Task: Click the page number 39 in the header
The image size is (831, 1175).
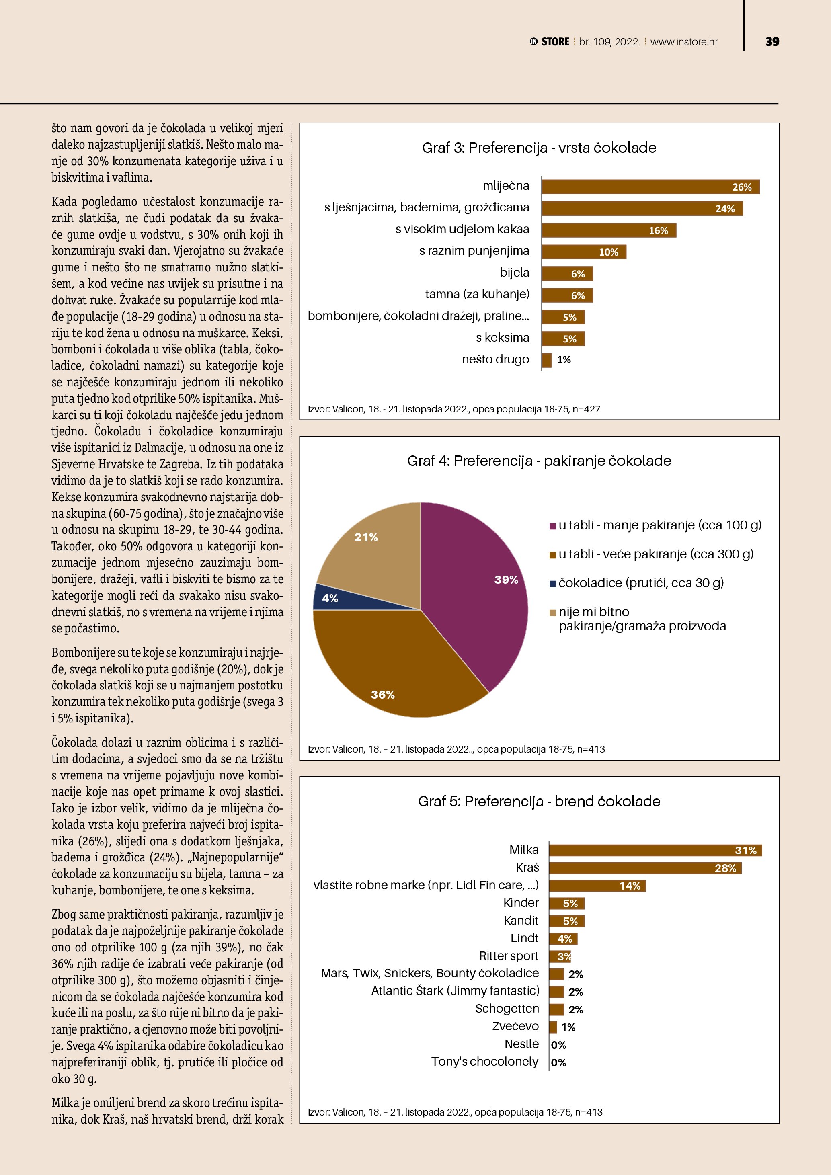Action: coord(772,41)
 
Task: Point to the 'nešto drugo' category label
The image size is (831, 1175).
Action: coord(495,359)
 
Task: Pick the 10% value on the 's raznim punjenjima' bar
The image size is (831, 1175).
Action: coord(608,252)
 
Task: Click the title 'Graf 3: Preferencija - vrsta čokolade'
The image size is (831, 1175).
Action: coord(539,148)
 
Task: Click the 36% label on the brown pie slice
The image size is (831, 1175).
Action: coord(383,695)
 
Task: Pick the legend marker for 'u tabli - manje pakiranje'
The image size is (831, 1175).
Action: coord(553,526)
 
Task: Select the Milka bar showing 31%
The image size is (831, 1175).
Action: coord(655,851)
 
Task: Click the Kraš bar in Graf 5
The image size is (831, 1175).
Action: coord(645,868)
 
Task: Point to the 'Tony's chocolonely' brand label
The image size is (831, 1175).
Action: coord(484,1061)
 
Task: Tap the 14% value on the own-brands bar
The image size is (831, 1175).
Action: coord(630,886)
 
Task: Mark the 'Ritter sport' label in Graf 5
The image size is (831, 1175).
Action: coord(509,956)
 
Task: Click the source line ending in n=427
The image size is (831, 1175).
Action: coord(454,409)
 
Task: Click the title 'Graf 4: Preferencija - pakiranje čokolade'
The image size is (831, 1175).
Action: coord(539,461)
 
